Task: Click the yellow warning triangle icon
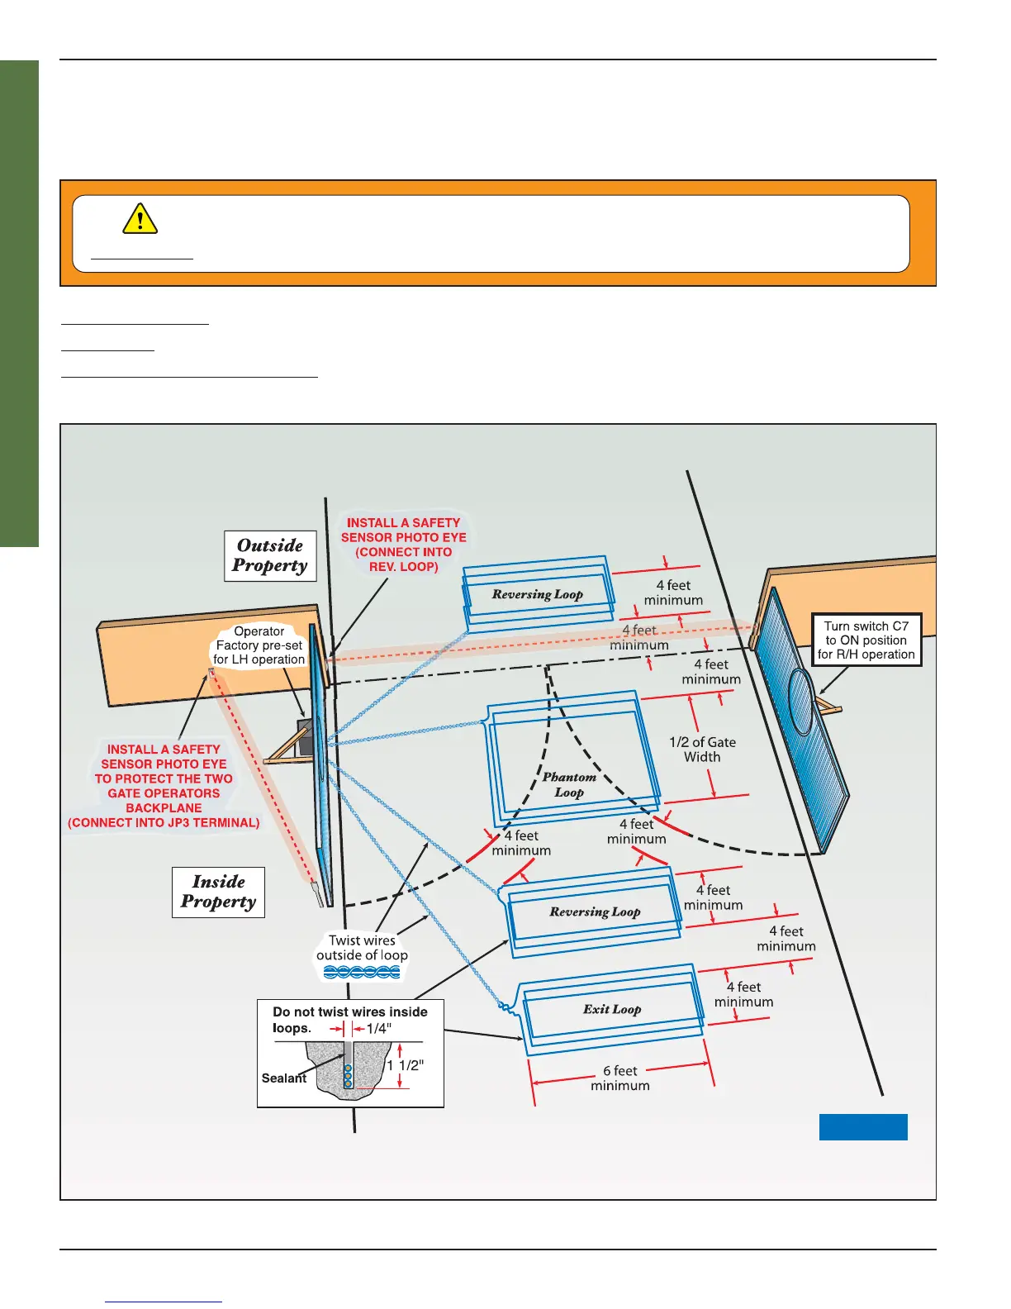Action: (140, 218)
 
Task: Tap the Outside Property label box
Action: (270, 556)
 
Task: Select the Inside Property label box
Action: (218, 892)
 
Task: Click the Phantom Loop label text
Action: (569, 784)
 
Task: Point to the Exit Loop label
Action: (612, 1009)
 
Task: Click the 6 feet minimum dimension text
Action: (620, 1078)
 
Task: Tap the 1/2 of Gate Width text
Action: (702, 750)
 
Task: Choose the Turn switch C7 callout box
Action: (866, 640)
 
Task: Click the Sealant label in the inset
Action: (283, 1078)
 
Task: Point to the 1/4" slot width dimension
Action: (378, 1029)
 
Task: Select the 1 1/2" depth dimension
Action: (405, 1066)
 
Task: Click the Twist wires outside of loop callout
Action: (362, 948)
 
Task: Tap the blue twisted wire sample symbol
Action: (362, 973)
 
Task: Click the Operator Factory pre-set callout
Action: (259, 645)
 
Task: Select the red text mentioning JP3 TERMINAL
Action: (164, 823)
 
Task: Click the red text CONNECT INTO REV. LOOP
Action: (404, 559)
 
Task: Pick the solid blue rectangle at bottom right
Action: (863, 1127)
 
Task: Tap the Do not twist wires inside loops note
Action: (350, 1020)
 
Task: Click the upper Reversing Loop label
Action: (538, 594)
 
